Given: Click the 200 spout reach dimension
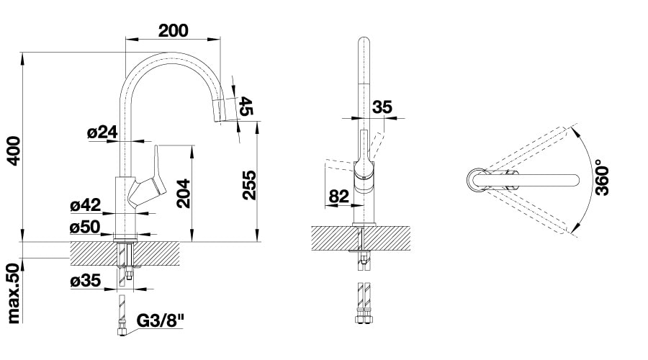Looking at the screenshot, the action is click(173, 30).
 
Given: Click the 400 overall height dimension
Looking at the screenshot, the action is click(14, 151).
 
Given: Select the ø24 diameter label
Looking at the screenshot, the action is click(102, 132).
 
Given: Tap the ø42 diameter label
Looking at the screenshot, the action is click(86, 204).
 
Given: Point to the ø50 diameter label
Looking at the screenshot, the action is click(85, 227).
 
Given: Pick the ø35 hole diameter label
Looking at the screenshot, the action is click(86, 281).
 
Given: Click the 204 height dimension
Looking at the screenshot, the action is click(183, 193).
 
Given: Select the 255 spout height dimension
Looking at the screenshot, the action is click(249, 185).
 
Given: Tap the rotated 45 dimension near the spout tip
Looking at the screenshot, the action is click(246, 107).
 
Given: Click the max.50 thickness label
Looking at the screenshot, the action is click(14, 293).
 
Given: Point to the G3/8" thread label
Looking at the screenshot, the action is click(160, 320).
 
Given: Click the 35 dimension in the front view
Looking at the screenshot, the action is click(382, 107).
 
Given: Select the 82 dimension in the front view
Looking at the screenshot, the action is click(339, 196).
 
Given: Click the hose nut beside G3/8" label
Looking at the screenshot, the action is click(121, 331).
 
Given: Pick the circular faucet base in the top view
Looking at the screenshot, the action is click(477, 181).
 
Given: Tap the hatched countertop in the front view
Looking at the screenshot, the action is click(361, 238).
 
